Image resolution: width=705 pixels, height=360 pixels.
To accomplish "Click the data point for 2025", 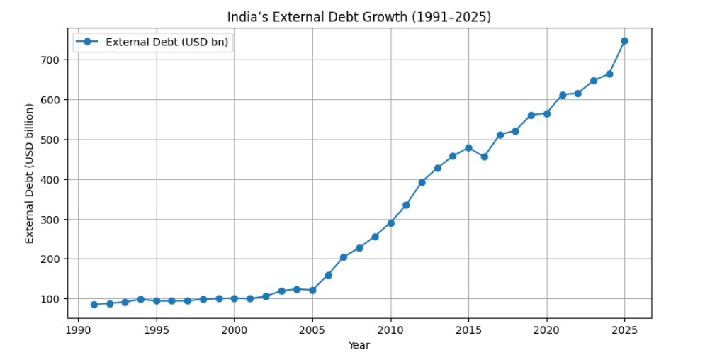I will coord(624,40).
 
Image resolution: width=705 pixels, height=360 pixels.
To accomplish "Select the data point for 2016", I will coord(484,157).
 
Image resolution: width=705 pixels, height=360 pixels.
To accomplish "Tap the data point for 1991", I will coord(94,305).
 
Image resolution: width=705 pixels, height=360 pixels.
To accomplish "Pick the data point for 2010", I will coord(390,223).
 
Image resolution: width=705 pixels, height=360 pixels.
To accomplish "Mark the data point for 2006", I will coord(328,275).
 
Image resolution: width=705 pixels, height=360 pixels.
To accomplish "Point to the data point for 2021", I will coord(562,95).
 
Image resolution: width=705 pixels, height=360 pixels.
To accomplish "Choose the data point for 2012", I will coord(422,182).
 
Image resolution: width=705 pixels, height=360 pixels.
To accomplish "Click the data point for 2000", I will coord(235,298).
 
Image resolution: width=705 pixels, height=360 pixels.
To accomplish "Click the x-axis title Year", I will coord(359,345).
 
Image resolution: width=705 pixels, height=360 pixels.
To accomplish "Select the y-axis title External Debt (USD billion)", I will coord(30,174).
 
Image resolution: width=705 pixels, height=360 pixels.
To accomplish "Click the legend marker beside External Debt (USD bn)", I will coord(87,42).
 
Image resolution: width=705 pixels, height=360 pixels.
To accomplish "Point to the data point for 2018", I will coord(515,131).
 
